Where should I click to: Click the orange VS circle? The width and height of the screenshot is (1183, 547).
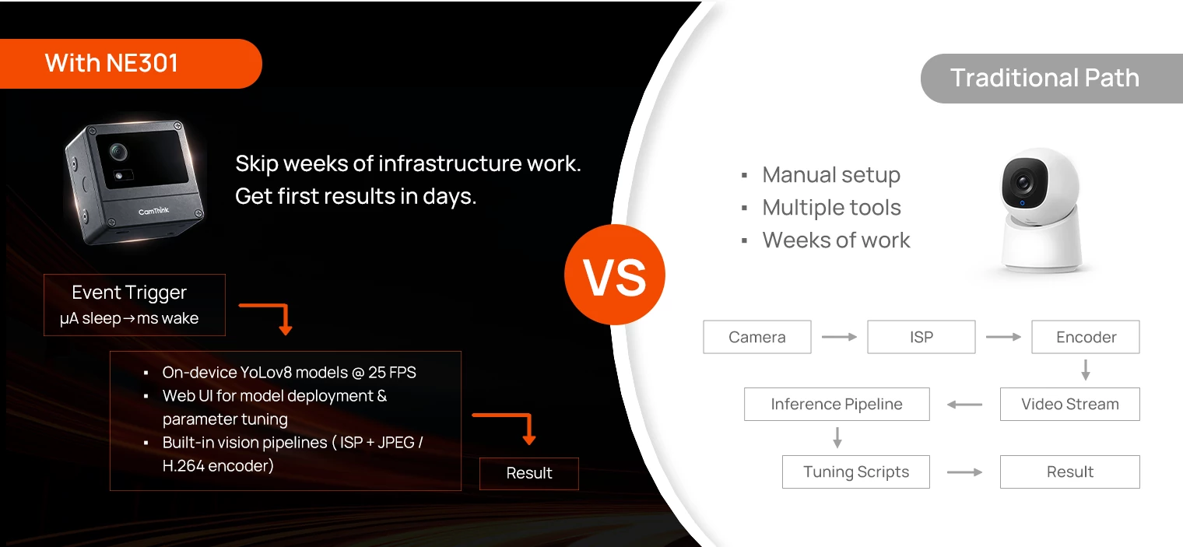(x=614, y=275)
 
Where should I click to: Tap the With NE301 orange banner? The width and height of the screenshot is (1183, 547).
(x=131, y=63)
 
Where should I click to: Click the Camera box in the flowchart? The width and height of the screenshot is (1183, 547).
(x=756, y=337)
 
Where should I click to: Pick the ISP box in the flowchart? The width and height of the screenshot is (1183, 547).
(x=921, y=337)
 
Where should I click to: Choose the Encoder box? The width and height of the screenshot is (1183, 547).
(x=1085, y=337)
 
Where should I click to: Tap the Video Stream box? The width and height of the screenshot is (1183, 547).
(x=1069, y=405)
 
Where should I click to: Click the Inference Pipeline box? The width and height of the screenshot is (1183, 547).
(x=837, y=405)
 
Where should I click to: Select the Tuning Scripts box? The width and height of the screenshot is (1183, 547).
(x=855, y=472)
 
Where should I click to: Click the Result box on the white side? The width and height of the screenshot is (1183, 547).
(x=1069, y=472)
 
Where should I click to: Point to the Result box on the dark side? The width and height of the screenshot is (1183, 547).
(x=528, y=474)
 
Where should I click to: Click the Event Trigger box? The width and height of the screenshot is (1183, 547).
(x=134, y=305)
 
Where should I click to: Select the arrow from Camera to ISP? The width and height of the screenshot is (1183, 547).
(x=839, y=337)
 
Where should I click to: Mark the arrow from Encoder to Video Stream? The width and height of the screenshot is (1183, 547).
(x=1085, y=370)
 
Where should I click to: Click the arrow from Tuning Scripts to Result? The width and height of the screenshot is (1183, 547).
(x=964, y=472)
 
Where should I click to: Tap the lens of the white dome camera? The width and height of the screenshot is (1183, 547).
(x=1023, y=183)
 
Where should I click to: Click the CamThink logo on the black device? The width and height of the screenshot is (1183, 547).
(x=153, y=211)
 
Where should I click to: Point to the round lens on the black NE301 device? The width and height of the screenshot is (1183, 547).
(x=118, y=152)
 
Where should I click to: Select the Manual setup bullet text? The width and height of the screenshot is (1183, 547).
(x=831, y=175)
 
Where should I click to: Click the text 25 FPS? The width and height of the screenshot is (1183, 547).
(x=392, y=372)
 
